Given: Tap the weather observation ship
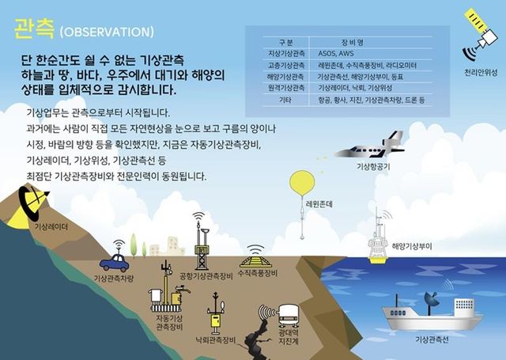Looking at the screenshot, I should [x=430, y=311].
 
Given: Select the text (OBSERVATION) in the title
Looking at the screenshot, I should [x=106, y=32].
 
